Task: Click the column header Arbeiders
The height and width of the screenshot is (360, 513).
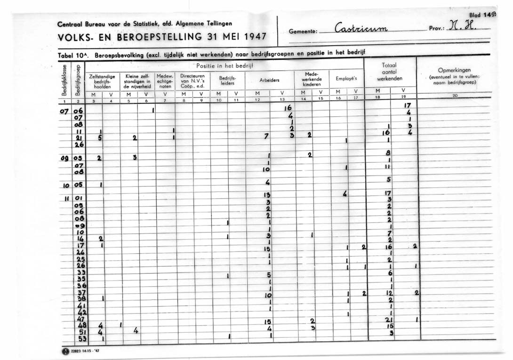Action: pyautogui.click(x=269, y=80)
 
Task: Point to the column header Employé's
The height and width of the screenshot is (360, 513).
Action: pyautogui.click(x=346, y=79)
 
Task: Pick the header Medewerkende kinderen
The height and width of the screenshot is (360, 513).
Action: pyautogui.click(x=311, y=79)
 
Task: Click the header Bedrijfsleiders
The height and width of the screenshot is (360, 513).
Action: pyautogui.click(x=227, y=80)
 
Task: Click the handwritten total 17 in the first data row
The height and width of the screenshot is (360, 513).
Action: pyautogui.click(x=408, y=105)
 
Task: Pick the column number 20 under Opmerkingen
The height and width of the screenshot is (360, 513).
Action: pyautogui.click(x=455, y=96)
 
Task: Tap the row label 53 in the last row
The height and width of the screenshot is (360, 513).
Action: pyautogui.click(x=82, y=337)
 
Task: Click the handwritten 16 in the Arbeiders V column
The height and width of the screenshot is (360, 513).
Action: pyautogui.click(x=288, y=108)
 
